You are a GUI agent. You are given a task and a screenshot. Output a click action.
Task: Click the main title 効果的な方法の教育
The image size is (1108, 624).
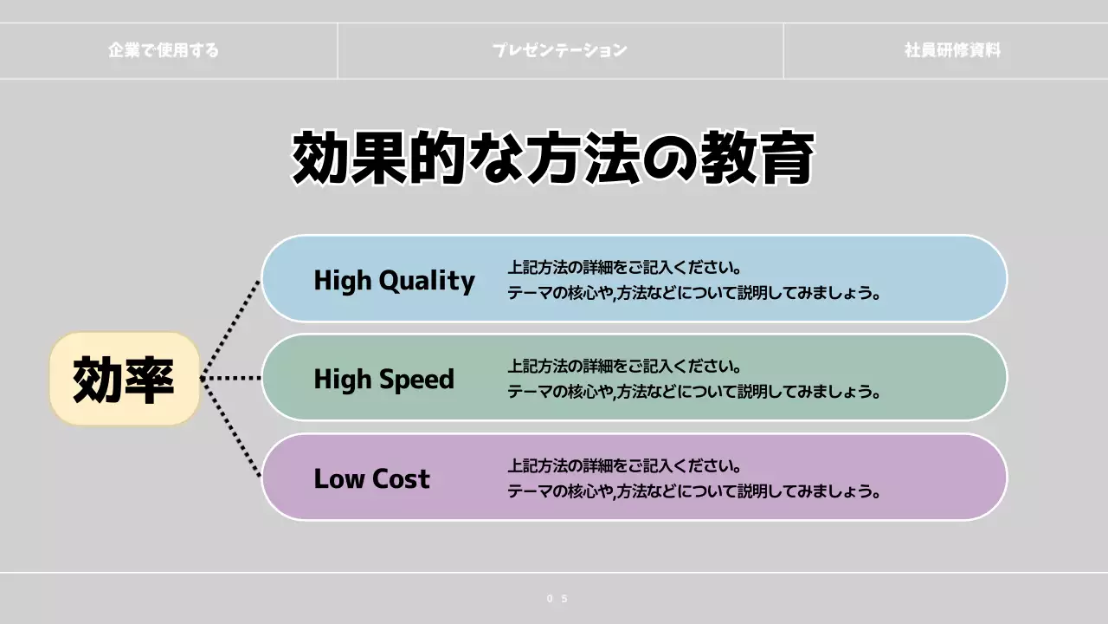pos(553,158)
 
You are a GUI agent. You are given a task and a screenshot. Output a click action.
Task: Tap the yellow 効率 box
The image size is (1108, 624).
pos(125,380)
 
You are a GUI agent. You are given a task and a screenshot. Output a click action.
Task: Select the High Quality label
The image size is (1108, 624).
pos(394,280)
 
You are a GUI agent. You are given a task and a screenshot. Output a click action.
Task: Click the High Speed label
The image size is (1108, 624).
pos(383,379)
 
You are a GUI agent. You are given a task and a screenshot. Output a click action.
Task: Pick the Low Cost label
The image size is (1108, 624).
pos(371,478)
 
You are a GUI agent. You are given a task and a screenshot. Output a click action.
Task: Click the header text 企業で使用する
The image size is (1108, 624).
pos(164,50)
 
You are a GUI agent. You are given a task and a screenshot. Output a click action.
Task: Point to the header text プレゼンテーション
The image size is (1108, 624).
pos(559,50)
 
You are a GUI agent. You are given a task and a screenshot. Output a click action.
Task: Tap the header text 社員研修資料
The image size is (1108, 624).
pos(952,50)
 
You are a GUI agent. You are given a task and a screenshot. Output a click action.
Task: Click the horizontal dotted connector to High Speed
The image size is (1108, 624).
pos(231,379)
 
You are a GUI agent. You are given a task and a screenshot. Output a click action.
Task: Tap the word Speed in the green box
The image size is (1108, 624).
pos(419,379)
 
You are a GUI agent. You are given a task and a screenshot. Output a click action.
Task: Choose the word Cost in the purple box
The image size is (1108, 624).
pos(401,478)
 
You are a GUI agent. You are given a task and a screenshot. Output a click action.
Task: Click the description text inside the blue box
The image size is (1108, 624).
pos(693,280)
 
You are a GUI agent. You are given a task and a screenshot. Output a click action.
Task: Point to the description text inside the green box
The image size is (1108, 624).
pos(693,379)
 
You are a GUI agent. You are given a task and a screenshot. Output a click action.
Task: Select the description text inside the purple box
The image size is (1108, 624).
pos(693,478)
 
